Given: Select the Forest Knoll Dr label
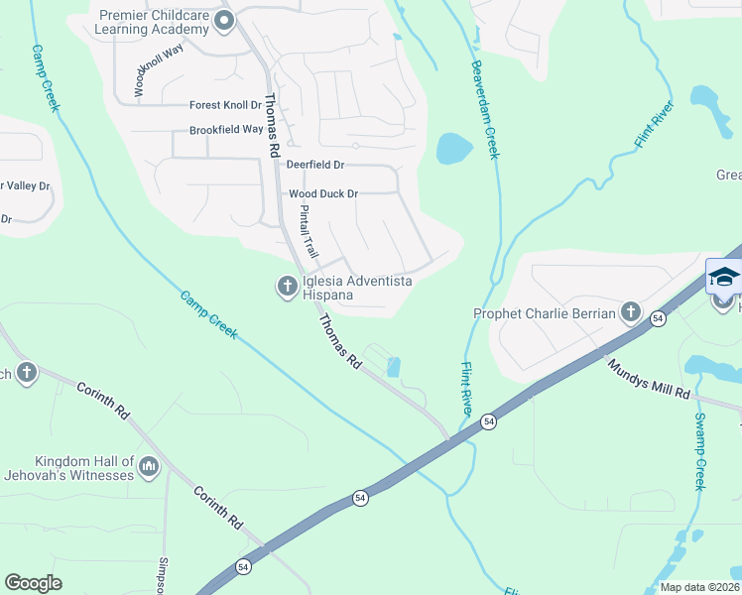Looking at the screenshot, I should click(x=225, y=105).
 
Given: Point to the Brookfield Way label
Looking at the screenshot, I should click(x=226, y=130).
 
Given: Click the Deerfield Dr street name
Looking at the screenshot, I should click(x=314, y=165).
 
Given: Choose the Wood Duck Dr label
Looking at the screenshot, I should click(x=322, y=193).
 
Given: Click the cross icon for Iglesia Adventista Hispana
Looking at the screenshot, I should click(x=287, y=287).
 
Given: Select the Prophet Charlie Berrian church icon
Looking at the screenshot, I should click(x=630, y=313).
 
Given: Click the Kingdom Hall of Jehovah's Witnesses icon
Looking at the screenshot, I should click(x=149, y=466).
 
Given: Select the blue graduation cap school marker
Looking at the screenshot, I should click(x=724, y=277).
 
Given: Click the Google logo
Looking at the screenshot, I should click(x=33, y=583).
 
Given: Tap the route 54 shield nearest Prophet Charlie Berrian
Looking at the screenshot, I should click(x=657, y=318).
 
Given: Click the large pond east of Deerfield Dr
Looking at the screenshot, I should click(x=453, y=149).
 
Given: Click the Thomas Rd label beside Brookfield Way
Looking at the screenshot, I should click(x=274, y=134).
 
